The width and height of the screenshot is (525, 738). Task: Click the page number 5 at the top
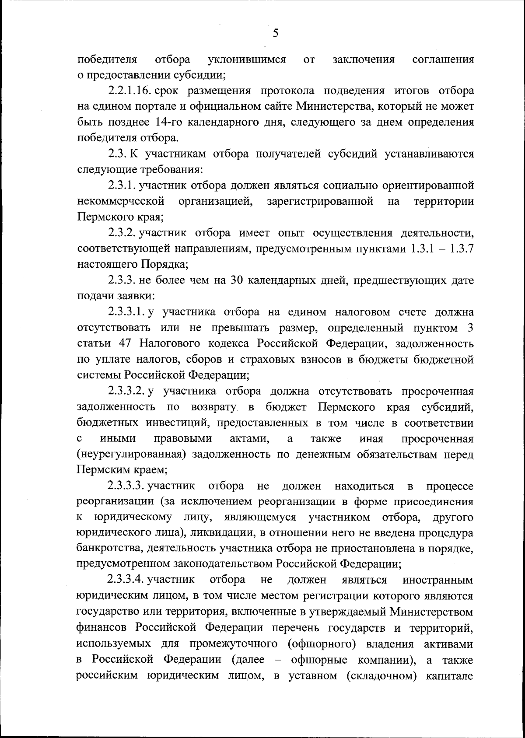click(275, 33)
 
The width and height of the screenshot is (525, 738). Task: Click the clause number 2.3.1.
click(122, 185)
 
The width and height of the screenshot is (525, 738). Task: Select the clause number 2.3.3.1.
click(126, 312)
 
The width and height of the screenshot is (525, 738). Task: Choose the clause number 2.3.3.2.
click(126, 391)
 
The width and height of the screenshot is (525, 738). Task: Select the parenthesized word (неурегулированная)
click(129, 455)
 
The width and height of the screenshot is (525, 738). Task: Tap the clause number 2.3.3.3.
click(126, 486)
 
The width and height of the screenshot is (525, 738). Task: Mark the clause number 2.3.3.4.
click(126, 580)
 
